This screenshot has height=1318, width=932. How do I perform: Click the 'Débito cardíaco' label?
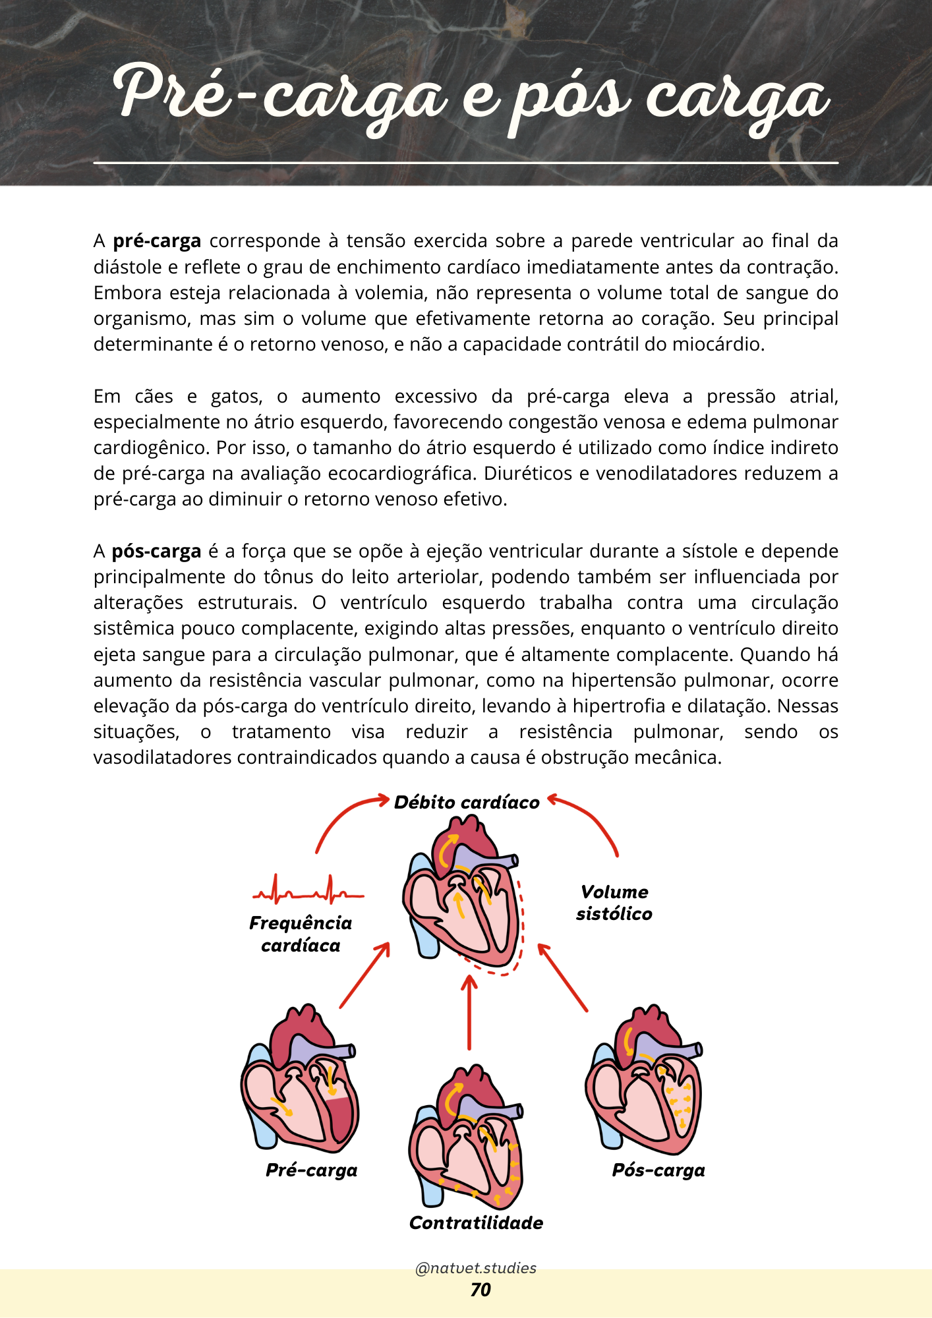pyautogui.click(x=467, y=803)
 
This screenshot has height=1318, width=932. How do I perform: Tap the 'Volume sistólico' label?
pyautogui.click(x=614, y=903)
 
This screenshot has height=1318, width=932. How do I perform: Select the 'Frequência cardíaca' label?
pyautogui.click(x=301, y=934)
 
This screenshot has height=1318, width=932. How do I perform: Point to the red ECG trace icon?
pyautogui.click(x=308, y=890)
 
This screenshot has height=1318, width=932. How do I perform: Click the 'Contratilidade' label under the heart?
pyautogui.click(x=476, y=1223)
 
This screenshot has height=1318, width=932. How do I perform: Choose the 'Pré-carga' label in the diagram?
pyautogui.click(x=312, y=1170)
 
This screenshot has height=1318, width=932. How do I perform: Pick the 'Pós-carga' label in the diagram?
pyautogui.click(x=658, y=1170)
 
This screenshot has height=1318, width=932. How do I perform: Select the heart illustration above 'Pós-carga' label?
pyautogui.click(x=644, y=1081)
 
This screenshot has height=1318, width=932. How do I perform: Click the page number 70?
pyautogui.click(x=481, y=1290)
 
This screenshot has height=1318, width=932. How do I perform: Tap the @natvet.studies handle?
pyautogui.click(x=476, y=1268)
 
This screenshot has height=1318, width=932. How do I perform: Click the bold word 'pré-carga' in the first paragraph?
pyautogui.click(x=157, y=241)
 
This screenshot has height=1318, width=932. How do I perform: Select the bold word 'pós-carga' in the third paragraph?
pyautogui.click(x=156, y=552)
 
